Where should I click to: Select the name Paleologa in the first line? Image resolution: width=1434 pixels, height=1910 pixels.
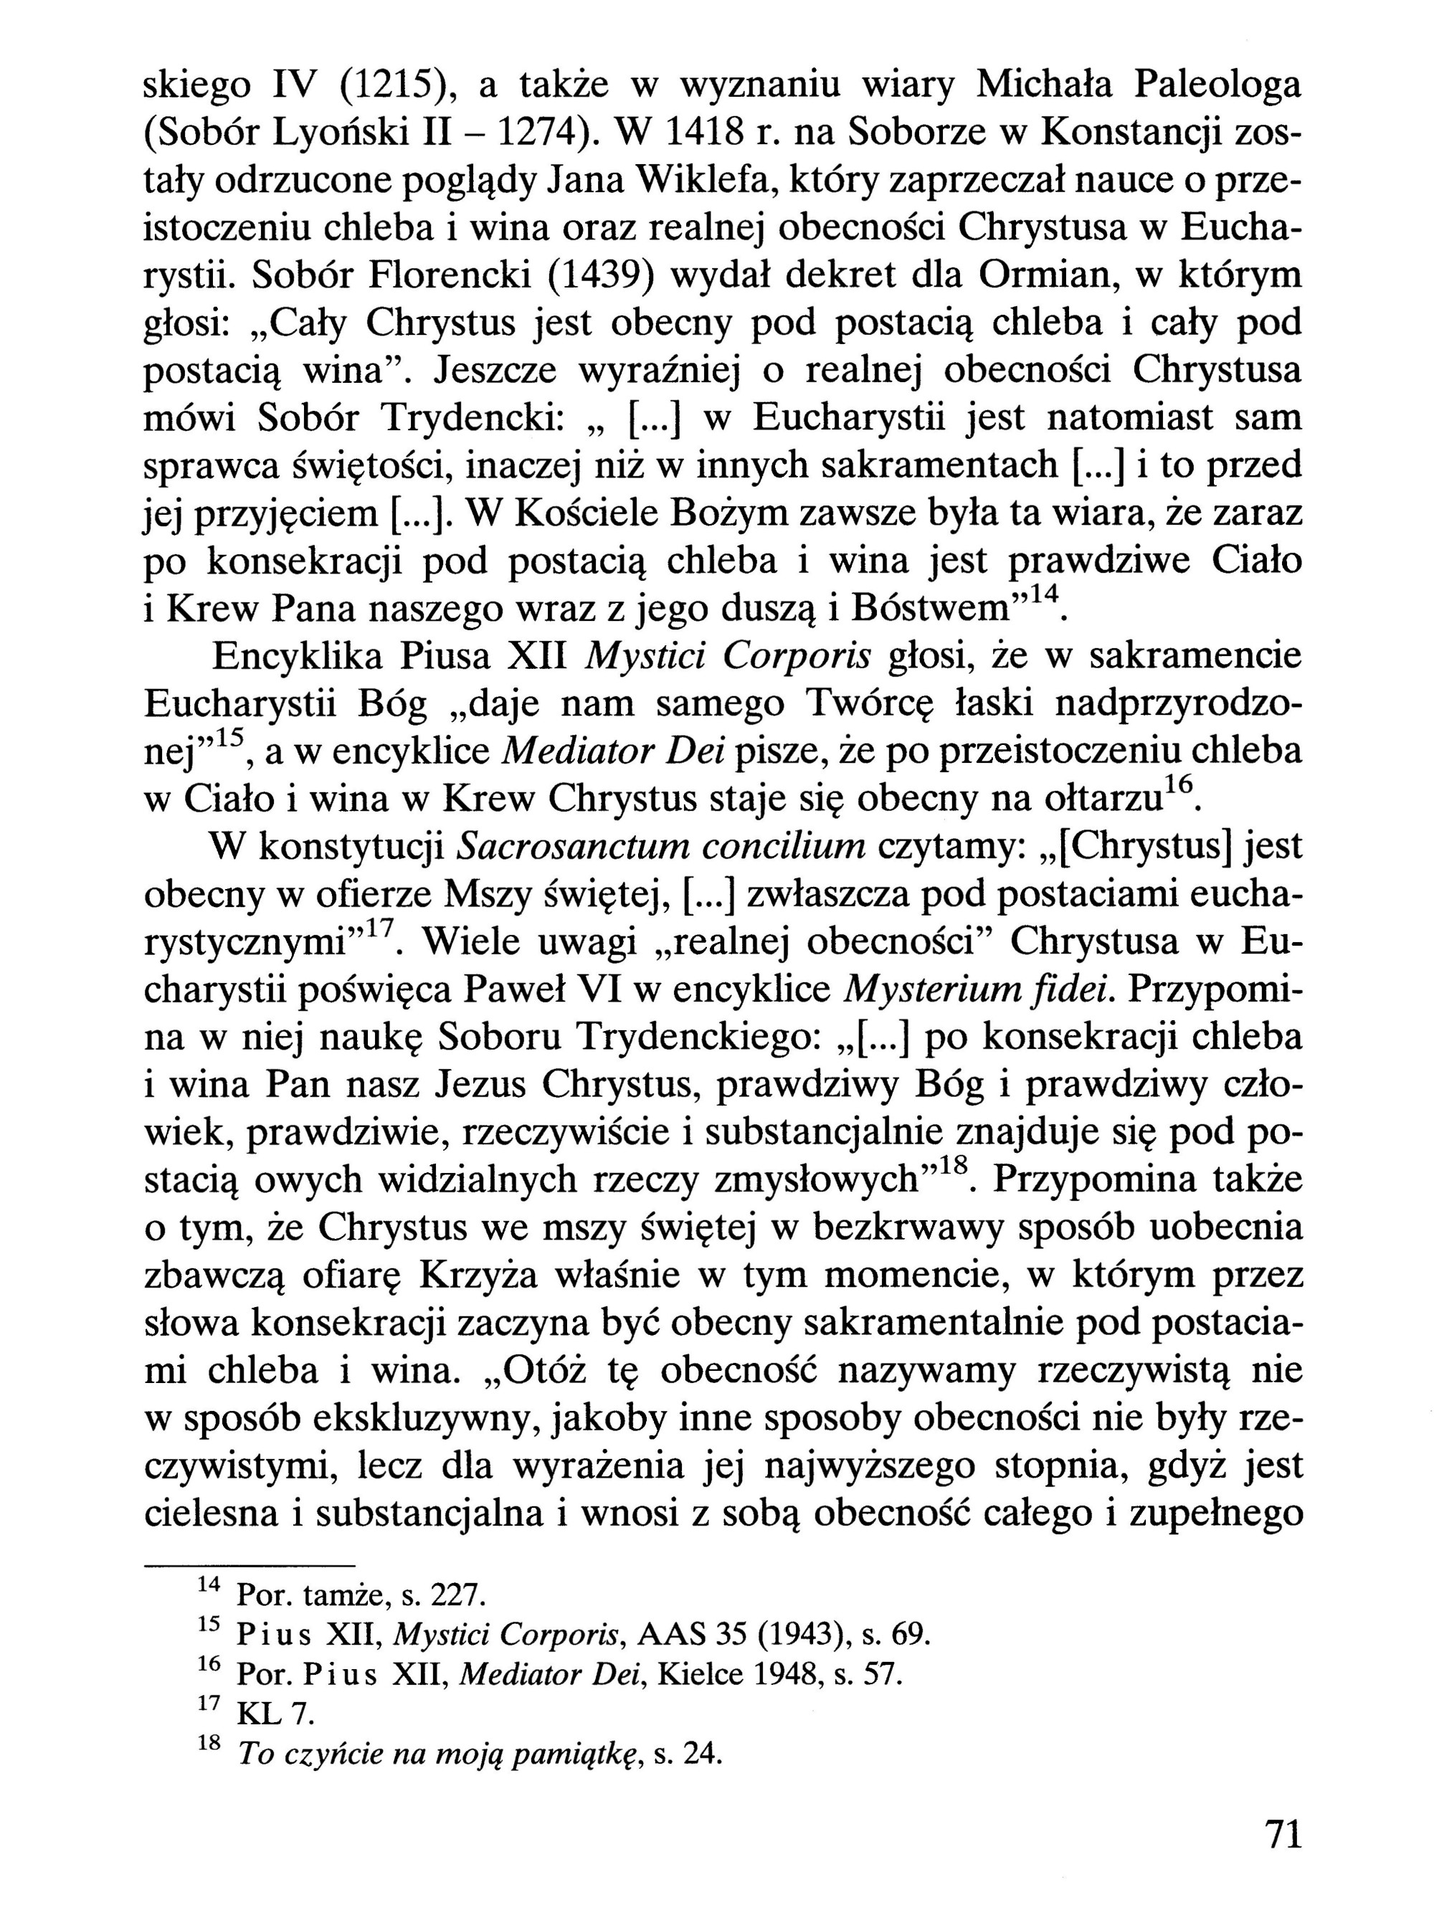pyautogui.click(x=1217, y=85)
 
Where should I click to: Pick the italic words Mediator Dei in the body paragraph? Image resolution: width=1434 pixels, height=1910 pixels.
pyautogui.click(x=611, y=753)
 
